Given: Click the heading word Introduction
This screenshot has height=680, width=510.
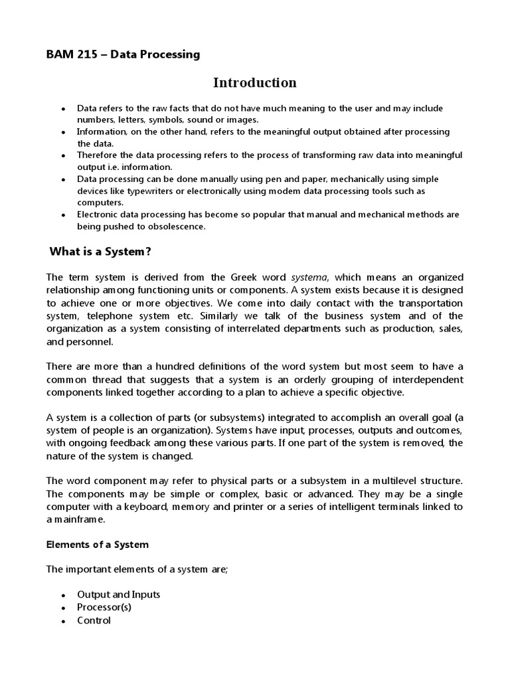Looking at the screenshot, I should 254,83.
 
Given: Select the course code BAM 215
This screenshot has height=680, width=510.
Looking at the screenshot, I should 70,54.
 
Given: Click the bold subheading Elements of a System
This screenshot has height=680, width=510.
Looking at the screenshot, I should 97,545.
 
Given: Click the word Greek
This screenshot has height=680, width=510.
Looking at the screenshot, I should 242,277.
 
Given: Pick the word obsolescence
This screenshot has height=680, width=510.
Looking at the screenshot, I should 175,226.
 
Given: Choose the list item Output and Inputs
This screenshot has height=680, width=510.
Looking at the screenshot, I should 118,594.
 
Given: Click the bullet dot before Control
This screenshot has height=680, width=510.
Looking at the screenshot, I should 63,622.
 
